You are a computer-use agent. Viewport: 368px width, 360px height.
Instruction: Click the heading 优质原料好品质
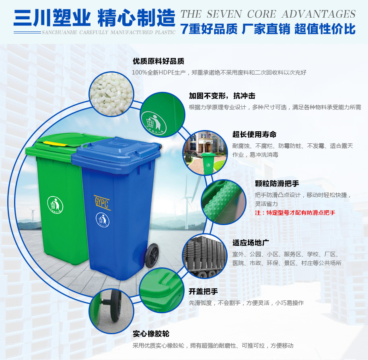pos(158,61)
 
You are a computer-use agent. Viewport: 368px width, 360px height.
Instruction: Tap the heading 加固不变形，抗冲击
pos(222,96)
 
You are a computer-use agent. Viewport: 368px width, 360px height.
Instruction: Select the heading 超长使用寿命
pos(255,134)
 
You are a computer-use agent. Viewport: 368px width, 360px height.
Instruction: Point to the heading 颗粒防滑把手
pos(277,184)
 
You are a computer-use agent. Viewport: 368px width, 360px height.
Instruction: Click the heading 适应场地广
pos(251,243)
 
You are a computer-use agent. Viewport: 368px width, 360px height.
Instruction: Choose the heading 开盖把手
pos(203,292)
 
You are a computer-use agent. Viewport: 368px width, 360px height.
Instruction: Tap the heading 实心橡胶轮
pos(151,334)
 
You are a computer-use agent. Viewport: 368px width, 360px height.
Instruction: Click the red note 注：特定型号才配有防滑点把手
pos(295,213)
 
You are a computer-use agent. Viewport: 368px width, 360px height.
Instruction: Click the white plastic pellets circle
pos(111,94)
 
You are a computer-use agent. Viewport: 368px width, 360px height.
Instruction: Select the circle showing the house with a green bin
pos(205,153)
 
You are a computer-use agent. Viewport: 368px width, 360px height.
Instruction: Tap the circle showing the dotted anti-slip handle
pos(224,202)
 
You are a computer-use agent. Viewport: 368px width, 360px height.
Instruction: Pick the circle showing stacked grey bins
pos(205,257)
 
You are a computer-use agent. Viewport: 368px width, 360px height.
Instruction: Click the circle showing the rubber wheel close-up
pos(111,311)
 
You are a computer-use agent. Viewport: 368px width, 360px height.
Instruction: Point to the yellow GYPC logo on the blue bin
pos(102,202)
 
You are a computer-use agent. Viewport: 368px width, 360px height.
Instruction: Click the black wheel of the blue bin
pos(152,255)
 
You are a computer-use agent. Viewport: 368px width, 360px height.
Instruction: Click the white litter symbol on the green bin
pos(55,205)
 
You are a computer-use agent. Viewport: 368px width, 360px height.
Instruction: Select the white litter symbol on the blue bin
pos(103,220)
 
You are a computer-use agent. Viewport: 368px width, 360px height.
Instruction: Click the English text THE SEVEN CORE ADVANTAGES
pos(268,14)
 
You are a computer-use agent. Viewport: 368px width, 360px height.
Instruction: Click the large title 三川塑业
pos(52,18)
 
